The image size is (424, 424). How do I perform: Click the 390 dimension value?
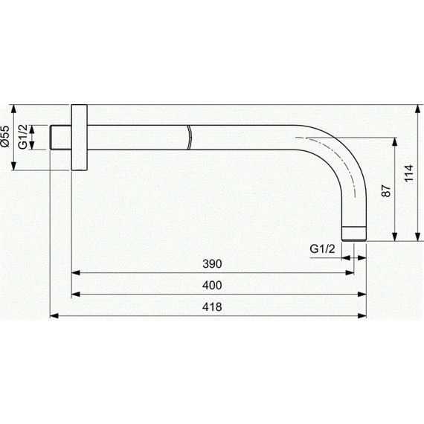[x=212, y=264]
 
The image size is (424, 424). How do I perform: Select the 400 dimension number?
[x=212, y=286]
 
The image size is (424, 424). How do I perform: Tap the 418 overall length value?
[x=212, y=307]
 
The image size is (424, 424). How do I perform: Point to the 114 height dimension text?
[x=409, y=173]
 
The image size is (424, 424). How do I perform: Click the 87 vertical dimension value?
[x=386, y=190]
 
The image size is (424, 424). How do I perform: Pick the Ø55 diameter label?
[x=5, y=136]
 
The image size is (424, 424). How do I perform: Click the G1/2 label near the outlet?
[x=322, y=248]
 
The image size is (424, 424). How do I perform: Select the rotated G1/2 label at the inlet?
[x=23, y=137]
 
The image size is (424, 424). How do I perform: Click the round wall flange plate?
[x=80, y=138]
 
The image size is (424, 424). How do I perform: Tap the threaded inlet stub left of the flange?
[x=61, y=138]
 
